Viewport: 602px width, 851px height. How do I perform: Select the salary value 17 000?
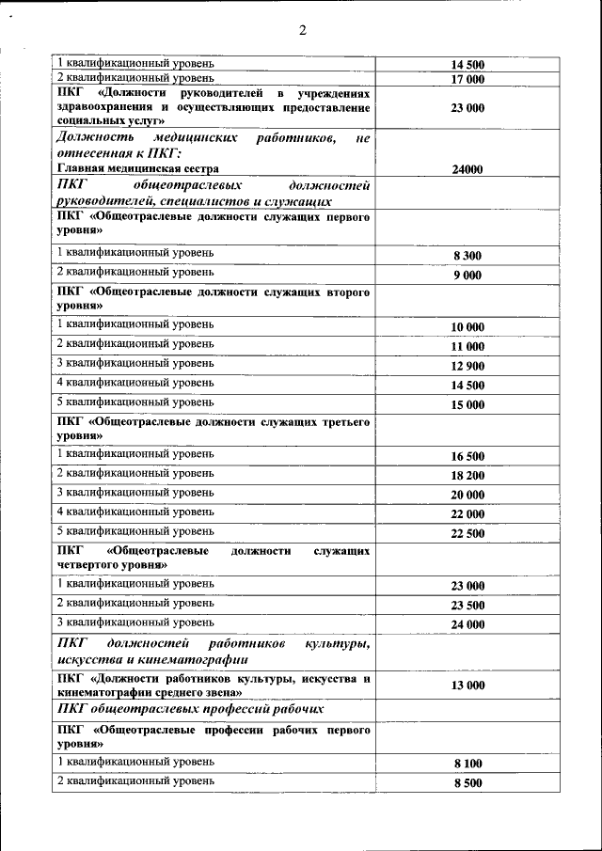point(467,80)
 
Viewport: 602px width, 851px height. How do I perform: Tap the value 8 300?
point(467,256)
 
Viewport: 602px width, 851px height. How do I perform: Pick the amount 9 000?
point(467,276)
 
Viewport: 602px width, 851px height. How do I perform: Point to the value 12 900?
point(467,366)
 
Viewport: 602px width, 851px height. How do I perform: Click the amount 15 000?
point(467,405)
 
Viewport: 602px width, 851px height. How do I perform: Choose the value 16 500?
point(467,456)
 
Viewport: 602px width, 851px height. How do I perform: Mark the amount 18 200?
point(467,476)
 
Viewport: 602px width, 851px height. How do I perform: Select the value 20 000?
point(467,496)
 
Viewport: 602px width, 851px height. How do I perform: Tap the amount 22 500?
point(467,534)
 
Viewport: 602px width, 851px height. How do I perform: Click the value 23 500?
point(467,606)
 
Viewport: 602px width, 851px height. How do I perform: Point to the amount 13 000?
point(467,686)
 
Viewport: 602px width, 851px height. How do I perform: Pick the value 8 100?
point(467,764)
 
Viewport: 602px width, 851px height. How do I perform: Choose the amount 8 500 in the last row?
point(467,784)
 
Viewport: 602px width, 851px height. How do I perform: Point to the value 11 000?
point(467,346)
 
